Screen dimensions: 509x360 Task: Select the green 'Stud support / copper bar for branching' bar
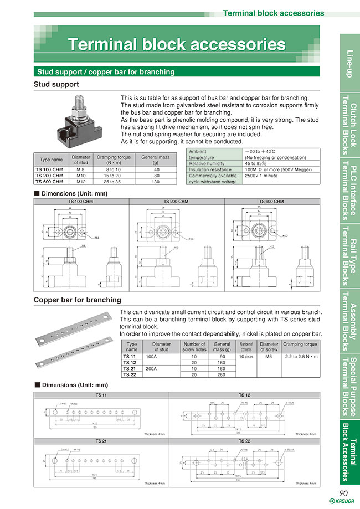[105, 71]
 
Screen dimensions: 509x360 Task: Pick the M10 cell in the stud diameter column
[81, 177]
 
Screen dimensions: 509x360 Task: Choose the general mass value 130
[156, 181]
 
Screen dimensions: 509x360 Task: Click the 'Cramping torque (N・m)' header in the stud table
[114, 160]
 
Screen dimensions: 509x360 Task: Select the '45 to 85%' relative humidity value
[255, 163]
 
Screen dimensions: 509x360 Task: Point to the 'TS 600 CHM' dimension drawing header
[271, 202]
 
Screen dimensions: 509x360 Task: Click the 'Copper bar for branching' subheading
[78, 300]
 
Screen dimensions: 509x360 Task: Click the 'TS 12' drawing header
[245, 395]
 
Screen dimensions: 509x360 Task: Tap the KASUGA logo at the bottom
[343, 502]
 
